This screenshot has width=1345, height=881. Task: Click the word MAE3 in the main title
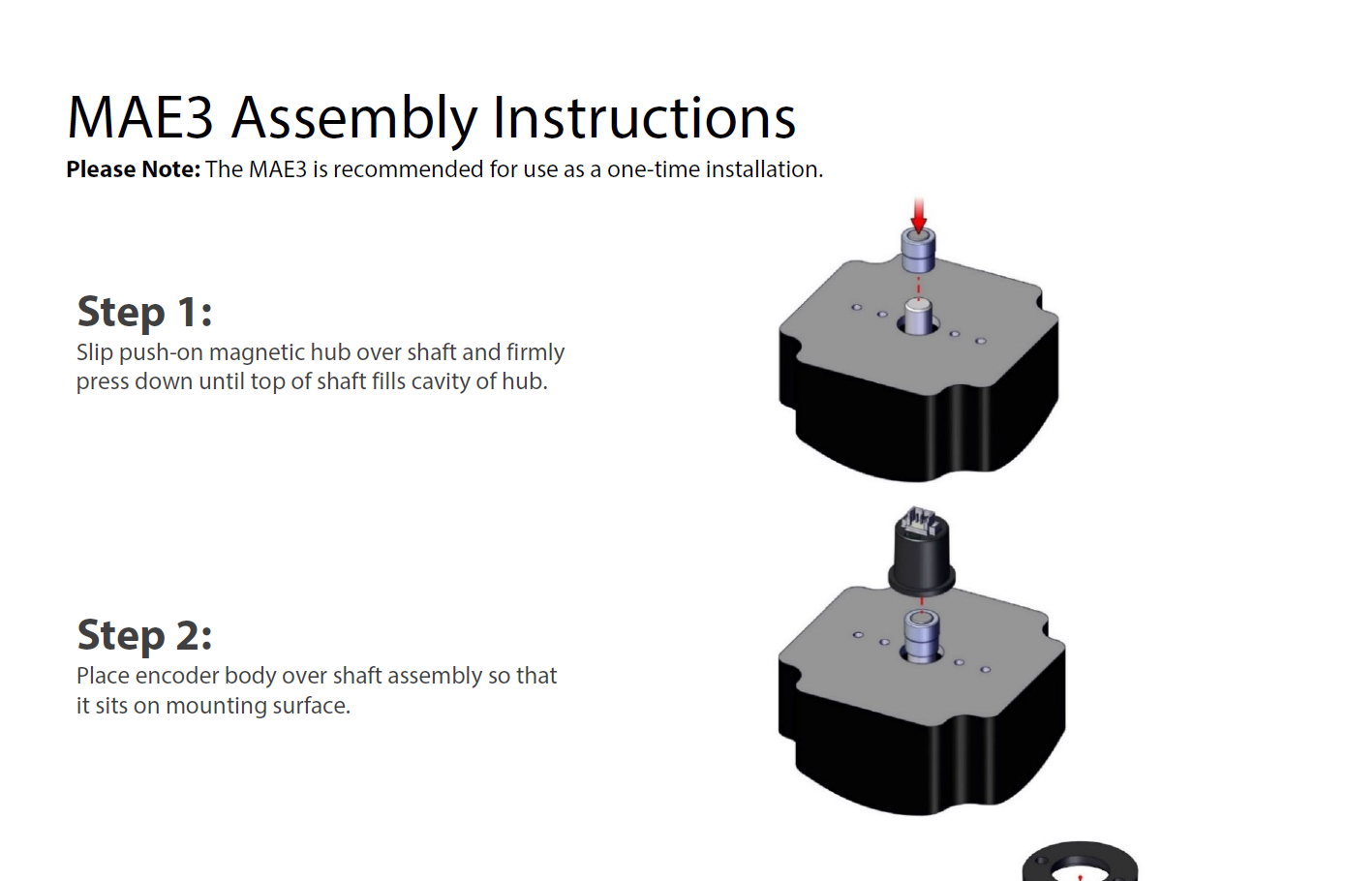pyautogui.click(x=139, y=118)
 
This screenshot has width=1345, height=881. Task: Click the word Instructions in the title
pyautogui.click(x=644, y=118)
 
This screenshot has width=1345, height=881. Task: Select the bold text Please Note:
pyautogui.click(x=133, y=169)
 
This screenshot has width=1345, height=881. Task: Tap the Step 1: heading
pyautogui.click(x=144, y=312)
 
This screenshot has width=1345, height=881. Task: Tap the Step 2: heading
pyautogui.click(x=144, y=635)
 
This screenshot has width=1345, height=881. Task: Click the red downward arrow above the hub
pyautogui.click(x=918, y=214)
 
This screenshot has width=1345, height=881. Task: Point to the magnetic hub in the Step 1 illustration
pyautogui.click(x=918, y=251)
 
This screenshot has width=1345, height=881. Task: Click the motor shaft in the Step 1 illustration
pyautogui.click(x=917, y=315)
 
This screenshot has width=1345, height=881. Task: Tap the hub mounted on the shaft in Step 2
pyautogui.click(x=922, y=633)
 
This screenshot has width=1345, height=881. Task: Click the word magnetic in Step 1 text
pyautogui.click(x=257, y=352)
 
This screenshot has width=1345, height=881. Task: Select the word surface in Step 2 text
pyautogui.click(x=309, y=706)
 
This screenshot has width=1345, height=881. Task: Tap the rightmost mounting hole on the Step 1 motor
pyautogui.click(x=980, y=341)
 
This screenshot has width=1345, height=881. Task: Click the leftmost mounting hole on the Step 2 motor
pyautogui.click(x=858, y=634)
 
